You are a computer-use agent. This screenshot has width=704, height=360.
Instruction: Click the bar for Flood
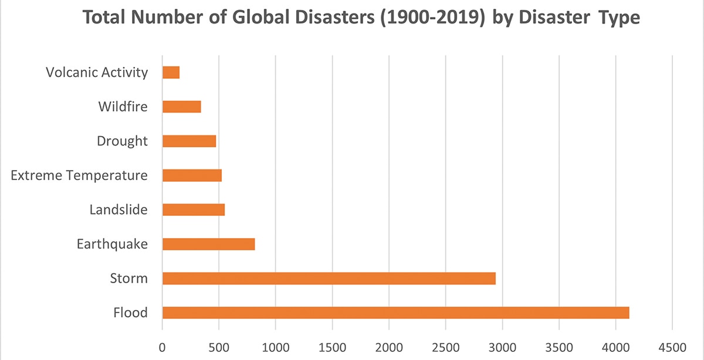tap(395, 313)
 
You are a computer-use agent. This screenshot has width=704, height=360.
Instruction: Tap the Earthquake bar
tap(208, 244)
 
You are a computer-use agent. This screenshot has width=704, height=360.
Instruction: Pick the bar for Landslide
tap(193, 210)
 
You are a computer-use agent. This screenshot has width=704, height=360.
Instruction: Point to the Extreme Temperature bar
tap(192, 175)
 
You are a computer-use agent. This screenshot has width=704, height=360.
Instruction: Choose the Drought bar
tap(189, 141)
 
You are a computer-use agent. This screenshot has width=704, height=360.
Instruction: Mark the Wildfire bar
tap(181, 107)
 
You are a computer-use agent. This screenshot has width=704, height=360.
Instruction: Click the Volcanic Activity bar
tap(171, 73)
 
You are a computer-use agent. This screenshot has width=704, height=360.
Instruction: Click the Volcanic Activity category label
tap(97, 73)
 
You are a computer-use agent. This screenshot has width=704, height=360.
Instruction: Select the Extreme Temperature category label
tap(79, 175)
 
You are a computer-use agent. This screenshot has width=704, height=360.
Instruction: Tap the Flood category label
tap(130, 313)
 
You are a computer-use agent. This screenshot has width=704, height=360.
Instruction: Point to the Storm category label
tap(129, 279)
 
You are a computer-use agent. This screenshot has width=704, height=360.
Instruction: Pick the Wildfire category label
tap(123, 107)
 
